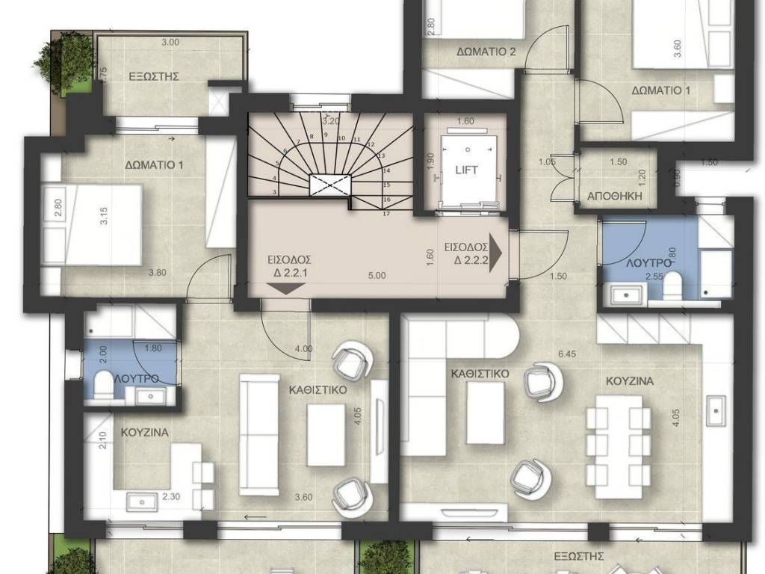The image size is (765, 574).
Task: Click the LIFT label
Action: pos(466,170)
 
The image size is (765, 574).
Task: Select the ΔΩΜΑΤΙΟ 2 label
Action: pos(486,52)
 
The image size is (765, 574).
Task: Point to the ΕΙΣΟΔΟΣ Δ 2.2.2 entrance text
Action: pos(465,253)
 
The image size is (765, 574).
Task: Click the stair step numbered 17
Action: pos(386,213)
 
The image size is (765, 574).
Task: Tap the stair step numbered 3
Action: pos(275,192)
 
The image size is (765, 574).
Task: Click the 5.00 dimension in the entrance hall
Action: pos(377,275)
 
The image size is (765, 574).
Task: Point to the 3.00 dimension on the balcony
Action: pos(170,43)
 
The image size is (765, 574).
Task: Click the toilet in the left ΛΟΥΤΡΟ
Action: pos(102,381)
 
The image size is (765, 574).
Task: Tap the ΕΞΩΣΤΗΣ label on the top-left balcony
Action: pos(154,76)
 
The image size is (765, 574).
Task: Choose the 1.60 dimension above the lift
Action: pos(465,121)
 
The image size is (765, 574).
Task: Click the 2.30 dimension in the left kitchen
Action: pos(171,495)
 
